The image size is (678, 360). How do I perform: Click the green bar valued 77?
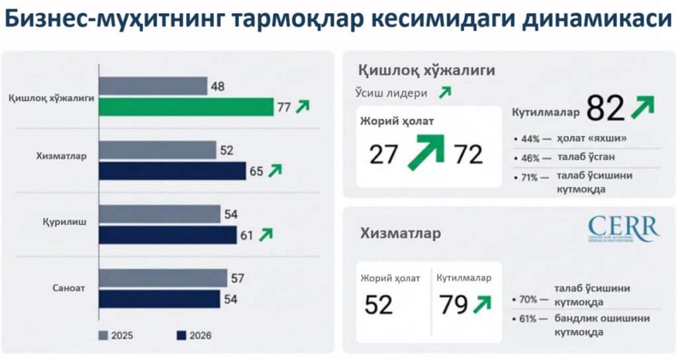186,107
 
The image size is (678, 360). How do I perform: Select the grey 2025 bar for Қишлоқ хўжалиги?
153,86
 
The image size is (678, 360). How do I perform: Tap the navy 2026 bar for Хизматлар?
172,171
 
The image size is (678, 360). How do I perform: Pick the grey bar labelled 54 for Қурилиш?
160,214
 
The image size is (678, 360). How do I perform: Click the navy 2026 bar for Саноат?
160,299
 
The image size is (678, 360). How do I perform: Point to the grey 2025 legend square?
103,335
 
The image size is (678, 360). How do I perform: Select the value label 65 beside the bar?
256,171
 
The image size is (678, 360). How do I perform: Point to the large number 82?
605,109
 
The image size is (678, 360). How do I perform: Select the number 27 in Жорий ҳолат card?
384,155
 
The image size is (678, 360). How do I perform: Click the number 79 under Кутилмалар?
454,304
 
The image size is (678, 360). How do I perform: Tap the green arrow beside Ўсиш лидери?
445,93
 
